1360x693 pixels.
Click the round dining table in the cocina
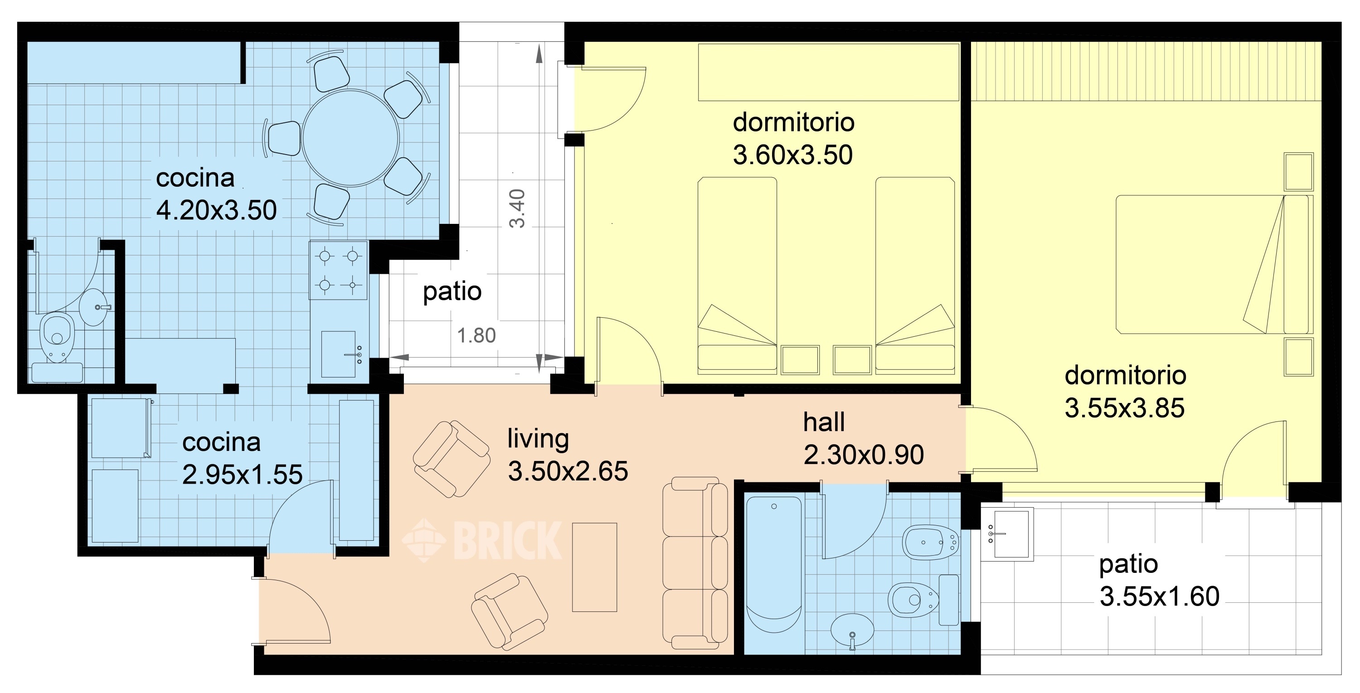click(350, 138)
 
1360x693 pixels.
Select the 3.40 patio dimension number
click(517, 208)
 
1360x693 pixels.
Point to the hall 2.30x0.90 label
click(863, 439)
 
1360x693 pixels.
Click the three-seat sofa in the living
click(695, 562)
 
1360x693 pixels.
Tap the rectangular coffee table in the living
click(594, 567)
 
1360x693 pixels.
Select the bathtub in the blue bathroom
click(773, 565)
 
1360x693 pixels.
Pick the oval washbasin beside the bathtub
click(852, 630)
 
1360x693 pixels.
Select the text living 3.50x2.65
click(567, 455)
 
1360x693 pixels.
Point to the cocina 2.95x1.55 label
click(242, 458)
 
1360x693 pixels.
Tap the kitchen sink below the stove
click(339, 354)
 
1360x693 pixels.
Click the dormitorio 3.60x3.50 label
click(793, 138)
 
